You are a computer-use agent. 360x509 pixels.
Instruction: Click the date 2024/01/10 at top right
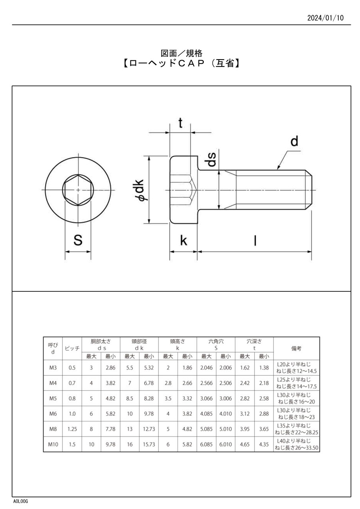tap(325, 18)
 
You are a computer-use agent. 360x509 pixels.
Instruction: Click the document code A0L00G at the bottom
tap(20, 501)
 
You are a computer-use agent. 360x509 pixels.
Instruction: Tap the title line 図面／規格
tap(182, 53)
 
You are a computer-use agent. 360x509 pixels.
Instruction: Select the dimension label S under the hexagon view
tap(78, 240)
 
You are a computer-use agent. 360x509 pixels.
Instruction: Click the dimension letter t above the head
tap(180, 123)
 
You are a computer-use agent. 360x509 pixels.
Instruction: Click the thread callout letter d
tap(294, 141)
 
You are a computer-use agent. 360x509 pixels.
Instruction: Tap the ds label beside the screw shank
tap(210, 159)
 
